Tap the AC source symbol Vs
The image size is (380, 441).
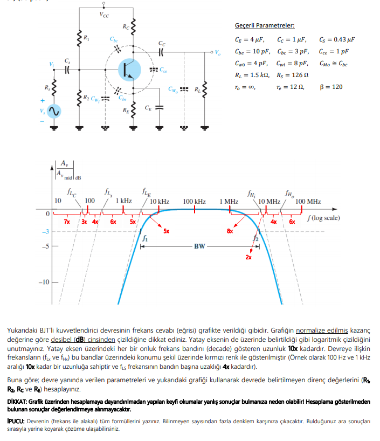[53, 112]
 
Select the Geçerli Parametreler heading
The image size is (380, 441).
[265, 25]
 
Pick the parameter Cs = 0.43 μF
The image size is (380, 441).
[337, 39]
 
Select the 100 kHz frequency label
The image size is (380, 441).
[194, 202]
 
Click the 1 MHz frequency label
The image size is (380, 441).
[229, 202]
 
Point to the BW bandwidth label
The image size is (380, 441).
[199, 246]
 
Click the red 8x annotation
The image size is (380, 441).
[230, 231]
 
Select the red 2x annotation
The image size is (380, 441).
[248, 258]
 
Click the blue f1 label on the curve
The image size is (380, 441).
[145, 237]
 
